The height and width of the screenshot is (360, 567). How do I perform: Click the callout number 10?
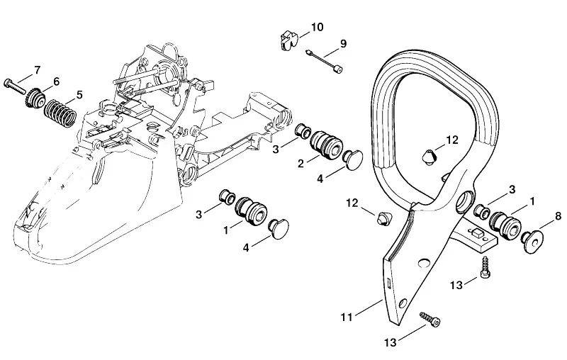pos(317,27)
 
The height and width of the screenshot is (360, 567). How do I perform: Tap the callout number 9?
pos(343,43)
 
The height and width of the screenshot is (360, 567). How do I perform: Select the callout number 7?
pos(38,69)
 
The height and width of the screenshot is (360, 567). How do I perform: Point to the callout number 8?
pos(558,216)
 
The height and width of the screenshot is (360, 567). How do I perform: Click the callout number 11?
pos(347,317)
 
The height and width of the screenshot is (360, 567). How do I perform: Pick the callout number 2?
pos(301,164)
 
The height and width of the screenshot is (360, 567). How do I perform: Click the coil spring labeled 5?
pos(60,112)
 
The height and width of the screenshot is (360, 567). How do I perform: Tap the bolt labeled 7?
pos(16,86)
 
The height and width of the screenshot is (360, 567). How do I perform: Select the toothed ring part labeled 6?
pos(35,96)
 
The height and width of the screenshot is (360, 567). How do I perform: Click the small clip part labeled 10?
pos(288,40)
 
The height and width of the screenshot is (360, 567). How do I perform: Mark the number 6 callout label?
pos(56,81)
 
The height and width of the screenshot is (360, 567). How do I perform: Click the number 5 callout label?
pos(79,95)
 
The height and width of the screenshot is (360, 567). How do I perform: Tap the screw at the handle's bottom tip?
pos(430,319)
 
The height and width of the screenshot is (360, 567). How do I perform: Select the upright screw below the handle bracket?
pos(484,267)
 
